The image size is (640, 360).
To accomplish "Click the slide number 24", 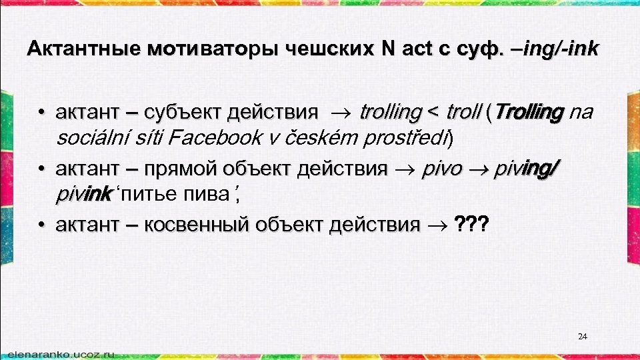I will click(582, 337).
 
